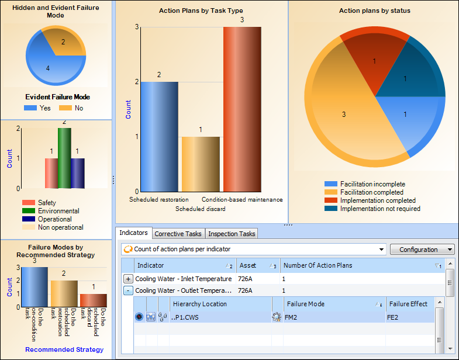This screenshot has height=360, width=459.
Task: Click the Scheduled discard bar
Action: (200, 164)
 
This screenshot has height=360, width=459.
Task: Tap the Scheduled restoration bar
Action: (160, 136)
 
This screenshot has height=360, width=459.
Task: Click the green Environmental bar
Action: (64, 158)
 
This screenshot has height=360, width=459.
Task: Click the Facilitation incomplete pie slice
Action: (404, 120)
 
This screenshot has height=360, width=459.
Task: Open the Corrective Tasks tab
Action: (178, 234)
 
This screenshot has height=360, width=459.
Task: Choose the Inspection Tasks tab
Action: (232, 234)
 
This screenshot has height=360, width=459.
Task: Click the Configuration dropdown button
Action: (422, 250)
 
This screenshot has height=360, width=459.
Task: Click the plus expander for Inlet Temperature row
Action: (128, 279)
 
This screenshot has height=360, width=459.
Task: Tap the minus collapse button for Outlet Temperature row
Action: (128, 290)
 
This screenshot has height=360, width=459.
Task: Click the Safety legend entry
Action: (47, 203)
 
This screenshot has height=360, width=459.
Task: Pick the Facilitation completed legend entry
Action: (371, 192)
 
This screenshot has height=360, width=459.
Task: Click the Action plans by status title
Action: (374, 11)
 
